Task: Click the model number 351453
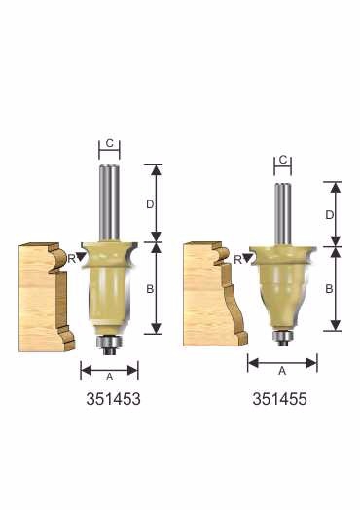point(113,399)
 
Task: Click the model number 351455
point(279,399)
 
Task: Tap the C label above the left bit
point(110,143)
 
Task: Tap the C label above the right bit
point(283,160)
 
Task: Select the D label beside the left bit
point(150,204)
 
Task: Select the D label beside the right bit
point(330,215)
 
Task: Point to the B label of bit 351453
point(150,288)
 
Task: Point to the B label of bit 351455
point(329,288)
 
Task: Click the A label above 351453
point(110,377)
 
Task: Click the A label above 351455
point(282,371)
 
